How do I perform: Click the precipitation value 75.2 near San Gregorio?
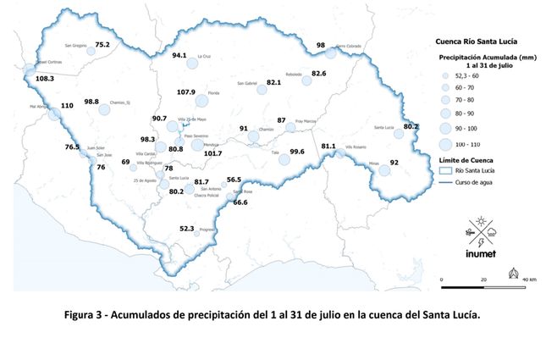(102, 44)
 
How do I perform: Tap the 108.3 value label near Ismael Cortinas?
(45, 78)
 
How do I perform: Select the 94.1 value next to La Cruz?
(179, 55)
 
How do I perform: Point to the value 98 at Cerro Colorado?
(321, 45)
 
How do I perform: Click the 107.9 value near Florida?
(185, 91)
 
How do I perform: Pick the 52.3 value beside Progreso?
(187, 228)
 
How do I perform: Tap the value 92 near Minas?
(394, 163)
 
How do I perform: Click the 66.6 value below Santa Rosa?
(240, 202)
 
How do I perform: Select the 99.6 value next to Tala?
(296, 152)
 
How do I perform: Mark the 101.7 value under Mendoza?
(212, 153)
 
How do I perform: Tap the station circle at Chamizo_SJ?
(105, 109)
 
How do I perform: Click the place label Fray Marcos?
(305, 121)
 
